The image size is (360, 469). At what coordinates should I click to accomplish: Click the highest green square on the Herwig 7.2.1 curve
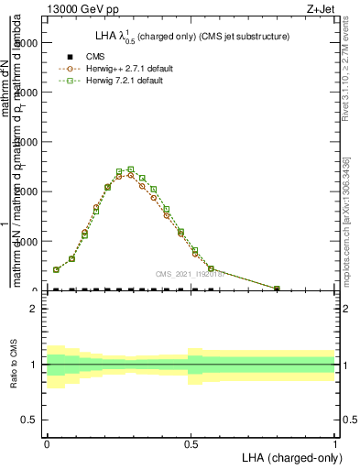pyautogui.click(x=131, y=169)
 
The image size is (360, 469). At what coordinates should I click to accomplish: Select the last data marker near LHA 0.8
pyautogui.click(x=278, y=289)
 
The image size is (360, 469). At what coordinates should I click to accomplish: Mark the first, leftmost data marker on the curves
pyautogui.click(x=56, y=269)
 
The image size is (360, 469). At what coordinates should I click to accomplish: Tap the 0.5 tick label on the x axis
pyautogui.click(x=191, y=442)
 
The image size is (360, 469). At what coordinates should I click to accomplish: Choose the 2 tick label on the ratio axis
pyautogui.click(x=34, y=309)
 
